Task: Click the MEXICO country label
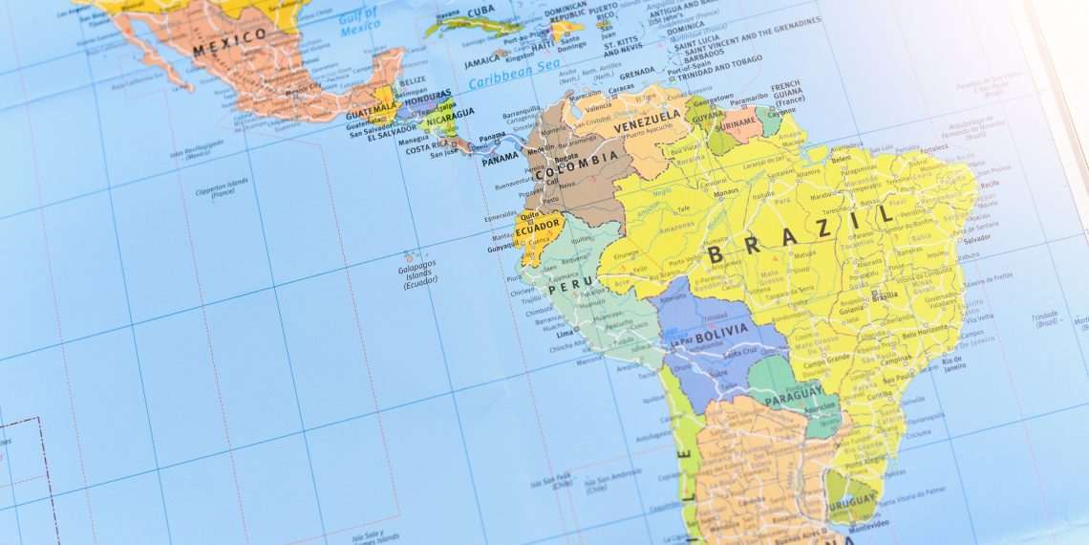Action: (x=229, y=41)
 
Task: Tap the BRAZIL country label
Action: (x=802, y=235)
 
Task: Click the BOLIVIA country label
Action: (x=721, y=338)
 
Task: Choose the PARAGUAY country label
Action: (x=793, y=392)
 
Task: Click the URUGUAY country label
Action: (x=853, y=500)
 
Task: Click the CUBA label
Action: (x=481, y=11)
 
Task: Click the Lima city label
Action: (x=565, y=334)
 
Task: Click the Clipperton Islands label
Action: (x=223, y=185)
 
